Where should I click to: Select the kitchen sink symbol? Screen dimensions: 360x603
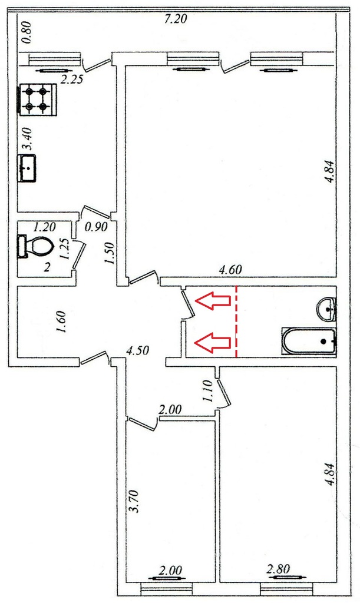pos(28,168)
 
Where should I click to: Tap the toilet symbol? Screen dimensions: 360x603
pos(35,246)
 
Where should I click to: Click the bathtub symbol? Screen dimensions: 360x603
pos(309,341)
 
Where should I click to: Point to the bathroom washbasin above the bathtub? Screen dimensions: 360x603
pos(328,309)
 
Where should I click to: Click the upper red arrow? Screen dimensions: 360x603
pos(213,300)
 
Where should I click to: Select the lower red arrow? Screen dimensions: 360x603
pos(213,343)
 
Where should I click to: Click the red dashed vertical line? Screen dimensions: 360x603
pos(236,322)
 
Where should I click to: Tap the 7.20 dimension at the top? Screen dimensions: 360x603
pos(176,19)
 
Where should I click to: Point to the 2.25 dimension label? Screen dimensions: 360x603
pos(72,79)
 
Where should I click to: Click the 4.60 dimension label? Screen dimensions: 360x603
pos(230,270)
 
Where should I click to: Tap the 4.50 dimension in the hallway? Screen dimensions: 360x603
pos(137,351)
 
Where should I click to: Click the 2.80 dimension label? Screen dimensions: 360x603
pos(278,569)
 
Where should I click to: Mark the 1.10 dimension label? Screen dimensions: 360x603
pos(207,391)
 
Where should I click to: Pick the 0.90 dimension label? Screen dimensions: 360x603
pos(96,227)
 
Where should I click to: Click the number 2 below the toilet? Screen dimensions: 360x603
pos(47,267)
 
